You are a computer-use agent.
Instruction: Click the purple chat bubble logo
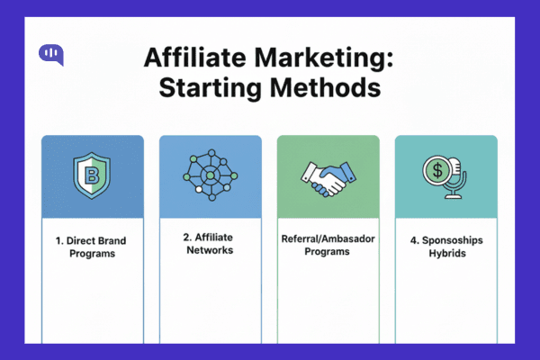[52, 55]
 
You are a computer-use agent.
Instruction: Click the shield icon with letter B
[92, 176]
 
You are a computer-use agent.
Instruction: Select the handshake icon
[328, 177]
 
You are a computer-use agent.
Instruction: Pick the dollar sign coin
[438, 171]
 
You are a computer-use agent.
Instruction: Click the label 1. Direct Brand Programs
[92, 247]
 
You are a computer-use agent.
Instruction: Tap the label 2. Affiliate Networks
[210, 244]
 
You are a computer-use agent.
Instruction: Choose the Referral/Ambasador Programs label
[328, 247]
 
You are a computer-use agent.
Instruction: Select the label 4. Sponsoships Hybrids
[445, 247]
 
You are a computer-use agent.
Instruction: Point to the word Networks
[210, 250]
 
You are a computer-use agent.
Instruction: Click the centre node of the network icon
[210, 173]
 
